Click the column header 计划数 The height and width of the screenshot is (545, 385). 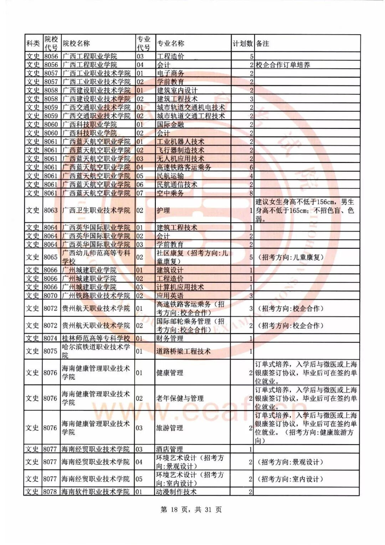[x=242, y=44]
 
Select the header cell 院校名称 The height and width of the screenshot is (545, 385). [x=76, y=44]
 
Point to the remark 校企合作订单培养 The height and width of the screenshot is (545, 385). [x=283, y=65]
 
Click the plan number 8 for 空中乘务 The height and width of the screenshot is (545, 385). [x=251, y=193]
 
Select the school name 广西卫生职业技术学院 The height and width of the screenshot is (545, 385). [x=96, y=210]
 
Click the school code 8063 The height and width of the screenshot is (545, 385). [x=51, y=210]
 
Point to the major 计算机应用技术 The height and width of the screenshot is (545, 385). [x=180, y=287]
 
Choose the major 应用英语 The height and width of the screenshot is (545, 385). [x=170, y=296]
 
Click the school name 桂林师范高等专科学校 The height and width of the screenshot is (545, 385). [x=96, y=338]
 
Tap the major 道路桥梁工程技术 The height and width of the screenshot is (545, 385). [x=183, y=351]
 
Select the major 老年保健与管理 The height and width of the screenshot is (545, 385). [x=180, y=398]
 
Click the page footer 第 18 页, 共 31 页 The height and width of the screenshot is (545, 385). [x=191, y=510]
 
